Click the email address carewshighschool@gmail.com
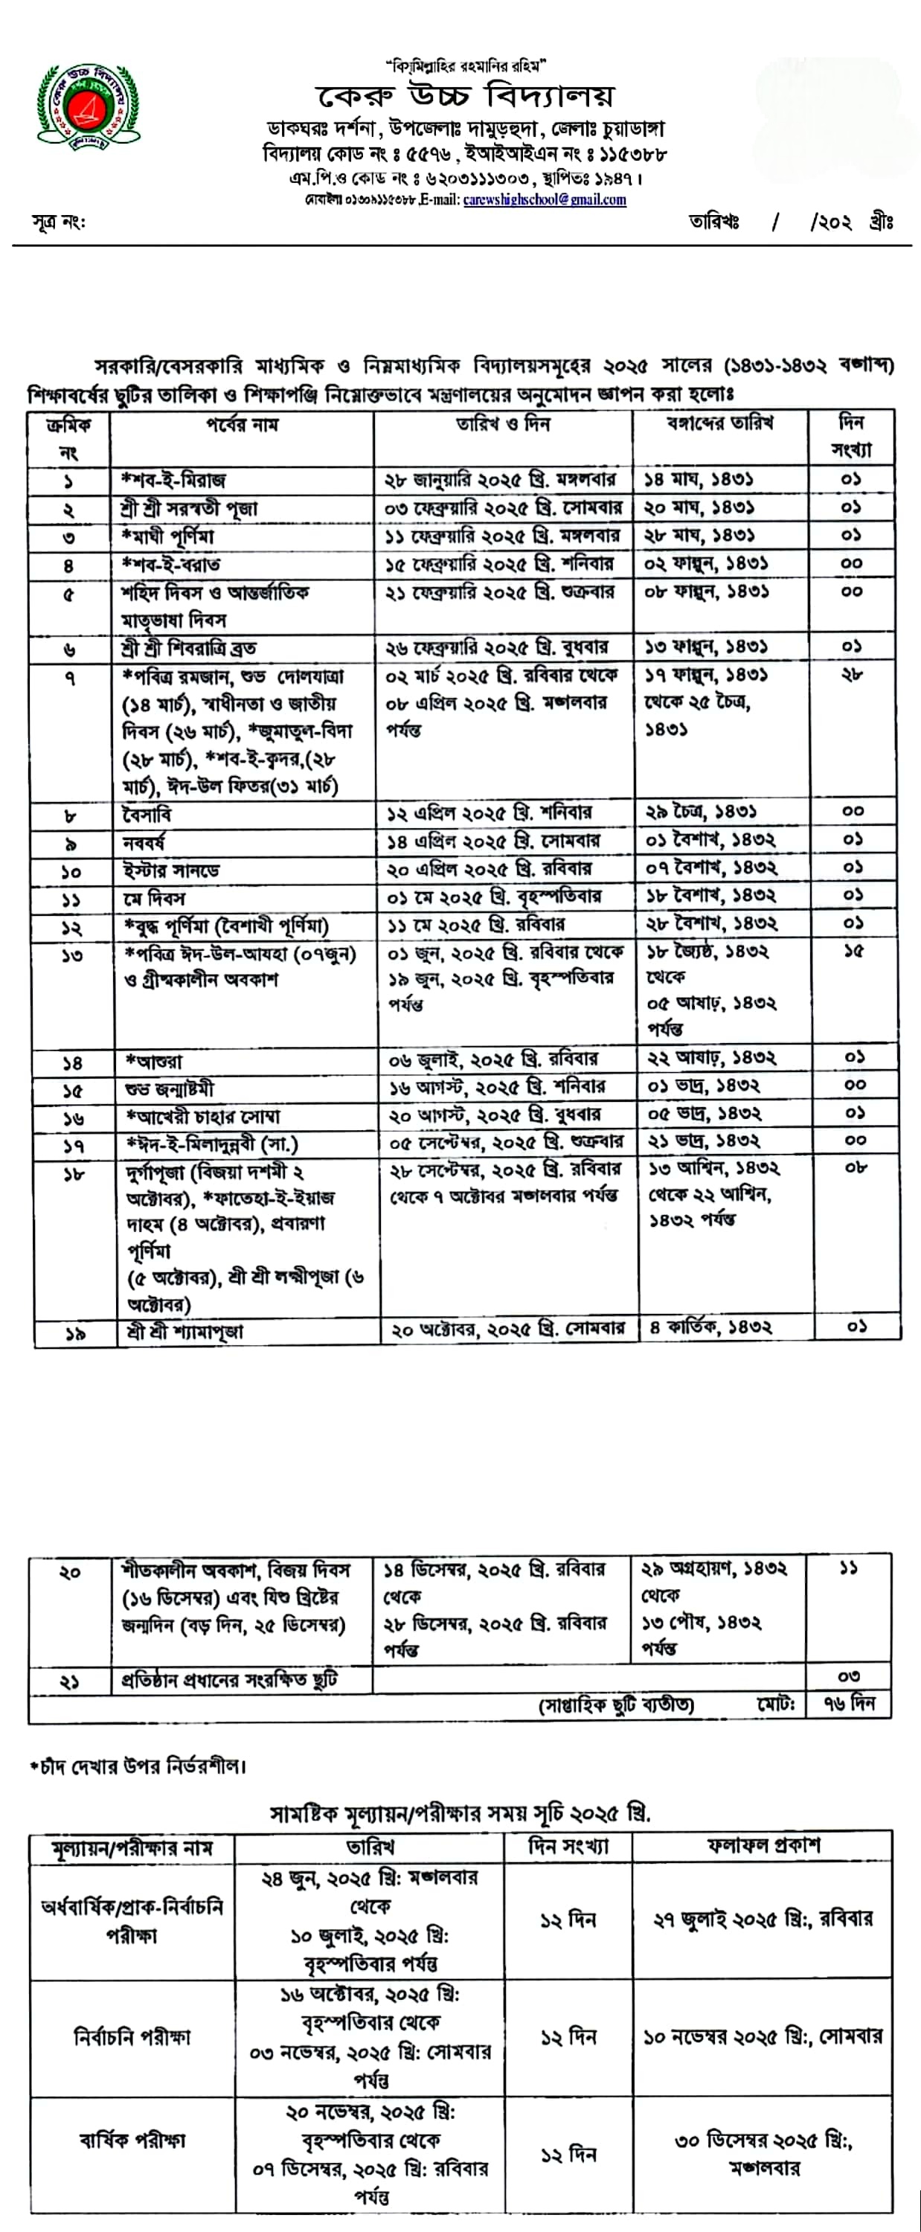click(544, 200)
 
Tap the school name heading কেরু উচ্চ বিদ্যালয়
click(466, 96)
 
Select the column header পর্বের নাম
click(242, 425)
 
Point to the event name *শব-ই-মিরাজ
click(174, 480)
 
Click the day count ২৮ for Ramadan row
click(852, 676)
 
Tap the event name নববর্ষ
click(144, 841)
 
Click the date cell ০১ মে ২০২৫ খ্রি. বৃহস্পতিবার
click(494, 896)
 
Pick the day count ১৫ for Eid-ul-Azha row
click(853, 952)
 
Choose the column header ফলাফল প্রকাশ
click(763, 1846)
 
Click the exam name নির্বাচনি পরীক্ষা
click(132, 2036)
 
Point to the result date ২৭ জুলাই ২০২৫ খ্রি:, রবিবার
click(763, 1920)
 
